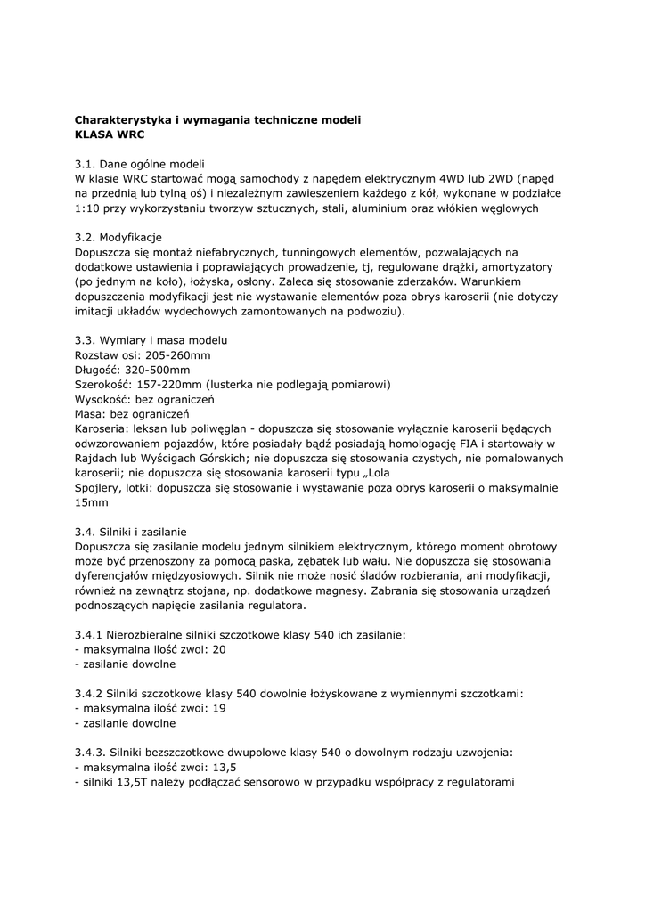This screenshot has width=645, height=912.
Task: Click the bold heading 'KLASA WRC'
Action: click(x=109, y=134)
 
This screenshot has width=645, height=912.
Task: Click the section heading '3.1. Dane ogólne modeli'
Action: click(x=140, y=164)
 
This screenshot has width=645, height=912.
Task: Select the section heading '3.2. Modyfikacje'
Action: click(x=118, y=238)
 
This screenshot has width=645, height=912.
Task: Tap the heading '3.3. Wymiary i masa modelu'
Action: click(x=151, y=340)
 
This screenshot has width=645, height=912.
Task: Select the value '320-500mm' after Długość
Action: click(x=159, y=370)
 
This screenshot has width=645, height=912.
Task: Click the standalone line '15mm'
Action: click(x=89, y=502)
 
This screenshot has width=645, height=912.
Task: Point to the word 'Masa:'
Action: click(x=91, y=413)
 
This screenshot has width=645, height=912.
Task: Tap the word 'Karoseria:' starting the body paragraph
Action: click(x=104, y=428)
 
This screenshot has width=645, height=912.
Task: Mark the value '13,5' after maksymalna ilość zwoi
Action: click(x=226, y=767)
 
